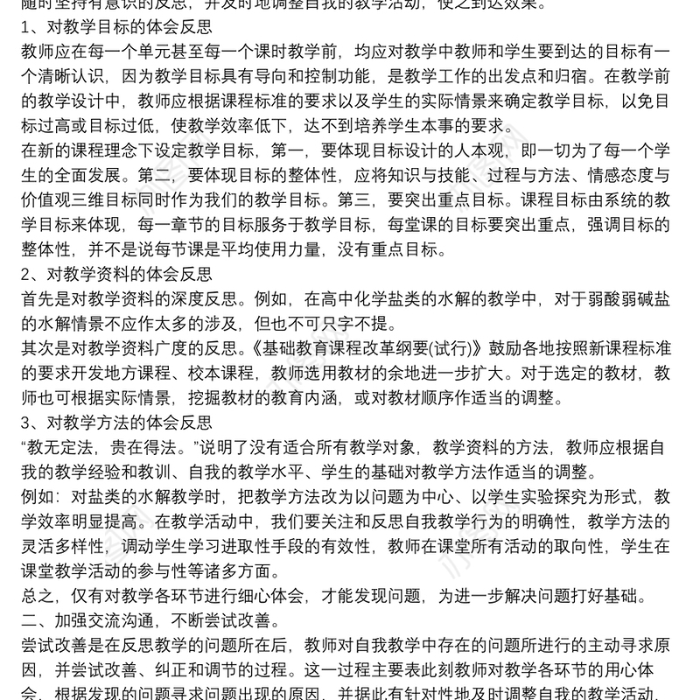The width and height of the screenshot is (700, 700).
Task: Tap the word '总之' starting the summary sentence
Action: point(36,598)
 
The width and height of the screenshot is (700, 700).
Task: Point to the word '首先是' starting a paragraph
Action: point(44,300)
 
